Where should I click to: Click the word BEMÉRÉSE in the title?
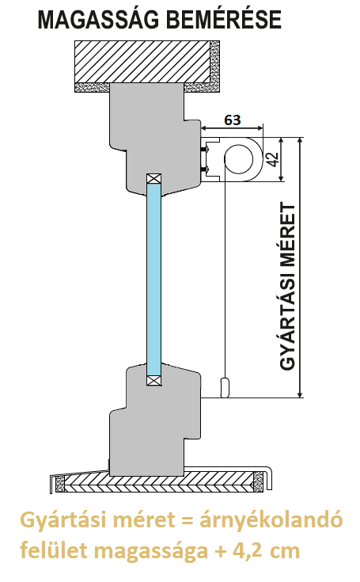[224, 20]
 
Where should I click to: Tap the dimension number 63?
[233, 120]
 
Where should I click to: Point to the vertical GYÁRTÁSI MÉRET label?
[287, 286]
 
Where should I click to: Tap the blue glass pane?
[153, 280]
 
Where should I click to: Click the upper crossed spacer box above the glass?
[153, 178]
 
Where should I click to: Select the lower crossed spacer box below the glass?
[153, 380]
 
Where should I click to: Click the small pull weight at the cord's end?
[225, 387]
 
